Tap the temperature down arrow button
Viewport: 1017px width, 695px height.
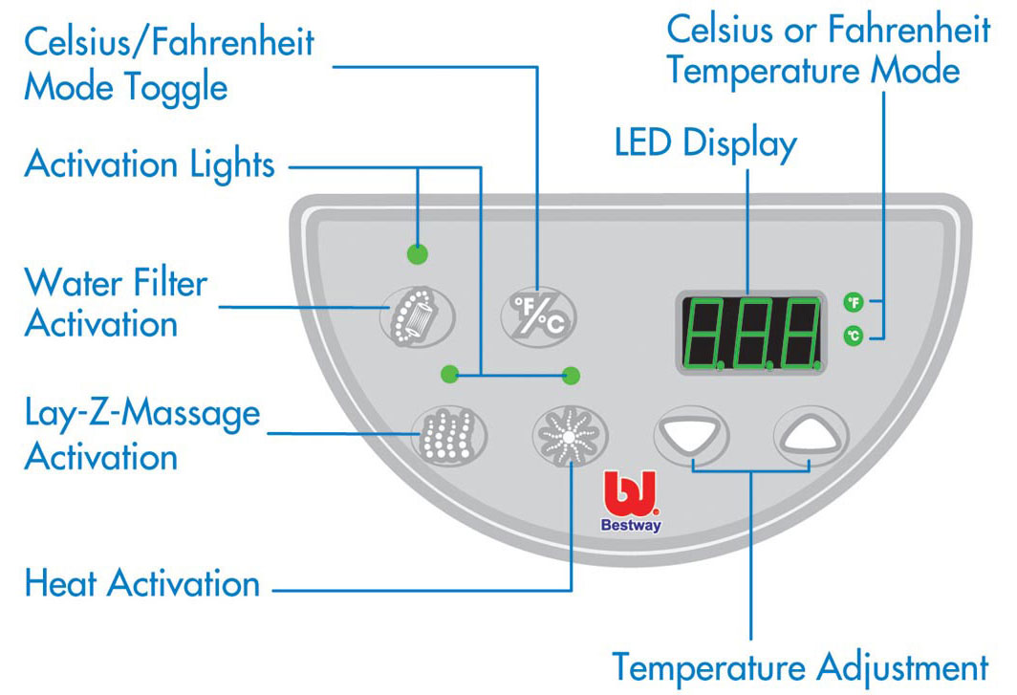pyautogui.click(x=692, y=437)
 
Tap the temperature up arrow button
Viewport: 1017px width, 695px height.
pyautogui.click(x=811, y=437)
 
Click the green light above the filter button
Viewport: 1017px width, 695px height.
pyautogui.click(x=417, y=254)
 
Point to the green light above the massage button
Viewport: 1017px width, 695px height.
pyautogui.click(x=447, y=374)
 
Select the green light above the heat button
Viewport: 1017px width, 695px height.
pyautogui.click(x=572, y=375)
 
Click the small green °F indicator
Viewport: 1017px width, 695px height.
pyautogui.click(x=853, y=304)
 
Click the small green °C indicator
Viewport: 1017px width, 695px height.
pyautogui.click(x=853, y=336)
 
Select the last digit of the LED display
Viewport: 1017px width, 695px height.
pyautogui.click(x=800, y=334)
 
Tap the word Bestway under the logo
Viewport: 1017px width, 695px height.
pyautogui.click(x=631, y=525)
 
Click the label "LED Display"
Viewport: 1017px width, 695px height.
pyautogui.click(x=705, y=143)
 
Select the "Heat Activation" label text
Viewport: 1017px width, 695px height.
pyautogui.click(x=142, y=583)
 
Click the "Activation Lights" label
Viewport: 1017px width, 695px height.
pyautogui.click(x=150, y=164)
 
